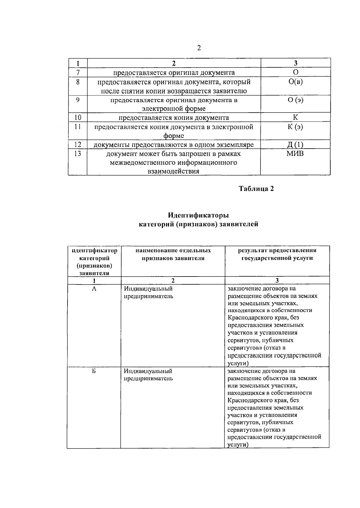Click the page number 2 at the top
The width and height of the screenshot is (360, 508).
pyautogui.click(x=199, y=48)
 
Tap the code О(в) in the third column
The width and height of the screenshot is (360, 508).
pyautogui.click(x=295, y=82)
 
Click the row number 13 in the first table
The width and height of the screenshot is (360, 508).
pyautogui.click(x=77, y=154)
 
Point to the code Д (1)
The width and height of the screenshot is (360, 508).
pyautogui.click(x=295, y=145)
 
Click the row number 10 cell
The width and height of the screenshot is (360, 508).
pyautogui.click(x=77, y=118)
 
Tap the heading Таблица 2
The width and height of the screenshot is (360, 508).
pyautogui.click(x=256, y=189)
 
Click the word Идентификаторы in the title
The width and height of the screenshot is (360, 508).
pyautogui.click(x=198, y=215)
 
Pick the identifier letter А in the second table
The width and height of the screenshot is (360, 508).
pyautogui.click(x=94, y=289)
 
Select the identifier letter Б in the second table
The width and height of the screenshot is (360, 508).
pyautogui.click(x=94, y=371)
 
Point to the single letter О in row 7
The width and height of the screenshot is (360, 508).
pyautogui.click(x=295, y=72)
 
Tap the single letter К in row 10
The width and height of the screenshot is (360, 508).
pyautogui.click(x=295, y=118)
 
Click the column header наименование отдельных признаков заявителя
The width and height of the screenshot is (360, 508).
pyautogui.click(x=173, y=254)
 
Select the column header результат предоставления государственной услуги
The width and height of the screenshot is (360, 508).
pyautogui.click(x=277, y=254)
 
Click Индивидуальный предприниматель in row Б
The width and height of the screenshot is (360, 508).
pyautogui.click(x=148, y=375)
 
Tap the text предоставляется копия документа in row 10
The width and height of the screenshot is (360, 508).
pyautogui.click(x=174, y=118)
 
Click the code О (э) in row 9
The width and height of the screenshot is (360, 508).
pyautogui.click(x=295, y=100)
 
